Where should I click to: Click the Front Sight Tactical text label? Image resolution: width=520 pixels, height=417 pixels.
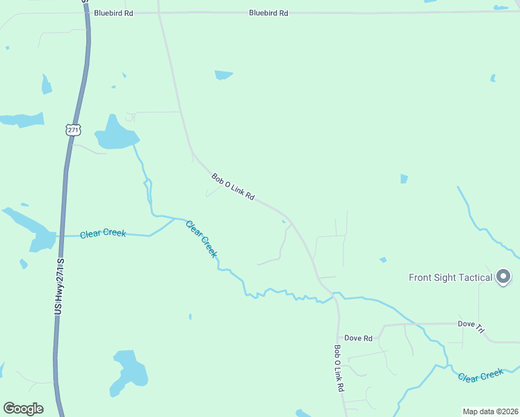pos(450,277)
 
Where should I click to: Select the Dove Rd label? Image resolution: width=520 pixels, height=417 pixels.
pos(359,338)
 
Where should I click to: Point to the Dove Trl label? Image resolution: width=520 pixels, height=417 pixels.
pos(471,325)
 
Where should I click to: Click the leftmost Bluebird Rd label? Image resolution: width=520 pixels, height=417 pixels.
pos(113,13)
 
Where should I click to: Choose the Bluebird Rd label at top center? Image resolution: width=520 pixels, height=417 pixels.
pos(268,13)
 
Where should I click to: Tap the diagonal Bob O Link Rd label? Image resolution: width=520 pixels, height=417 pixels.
pos(234,188)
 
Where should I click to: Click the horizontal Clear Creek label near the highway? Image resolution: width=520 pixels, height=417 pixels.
pos(103,234)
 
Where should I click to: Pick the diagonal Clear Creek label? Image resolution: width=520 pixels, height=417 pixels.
pos(202,239)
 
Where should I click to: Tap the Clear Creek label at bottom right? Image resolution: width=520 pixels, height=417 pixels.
pos(480,375)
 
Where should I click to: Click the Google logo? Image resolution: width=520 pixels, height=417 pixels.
pos(23,408)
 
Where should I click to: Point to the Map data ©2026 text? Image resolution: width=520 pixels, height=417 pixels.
pos(490,411)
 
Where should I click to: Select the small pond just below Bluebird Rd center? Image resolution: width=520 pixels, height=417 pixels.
pos(223,75)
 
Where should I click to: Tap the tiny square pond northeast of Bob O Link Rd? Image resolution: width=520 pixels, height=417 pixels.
pos(404,179)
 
